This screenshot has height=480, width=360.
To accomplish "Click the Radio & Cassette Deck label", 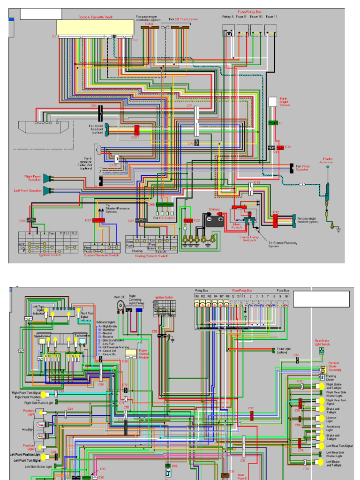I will pos(95,17).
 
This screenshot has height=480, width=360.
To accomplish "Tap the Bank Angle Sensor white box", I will pos(273,102).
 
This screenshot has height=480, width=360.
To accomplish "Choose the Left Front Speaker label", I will pos(28,190).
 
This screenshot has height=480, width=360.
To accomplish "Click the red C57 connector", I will pos(98,220).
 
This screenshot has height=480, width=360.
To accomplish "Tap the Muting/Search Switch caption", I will pos(152,255).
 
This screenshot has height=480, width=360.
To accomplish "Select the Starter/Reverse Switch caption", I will pos(101,255).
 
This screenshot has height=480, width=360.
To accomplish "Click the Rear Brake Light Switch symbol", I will pos(322,351).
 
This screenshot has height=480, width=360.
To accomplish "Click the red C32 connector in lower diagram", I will pos(252,415).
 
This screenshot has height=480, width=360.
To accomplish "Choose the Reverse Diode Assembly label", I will pos(334,366).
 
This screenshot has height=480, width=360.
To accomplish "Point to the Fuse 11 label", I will pos(272,17).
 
